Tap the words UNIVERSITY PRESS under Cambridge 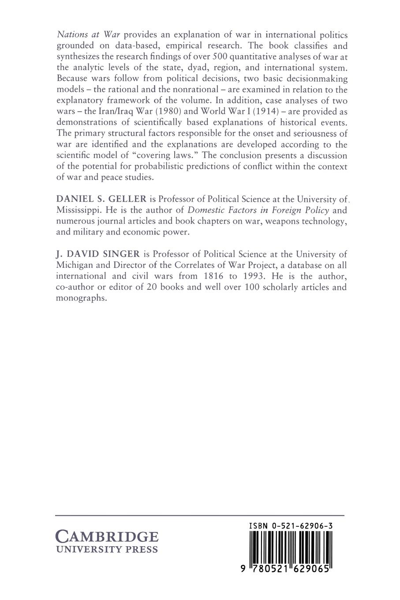coord(106,550)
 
